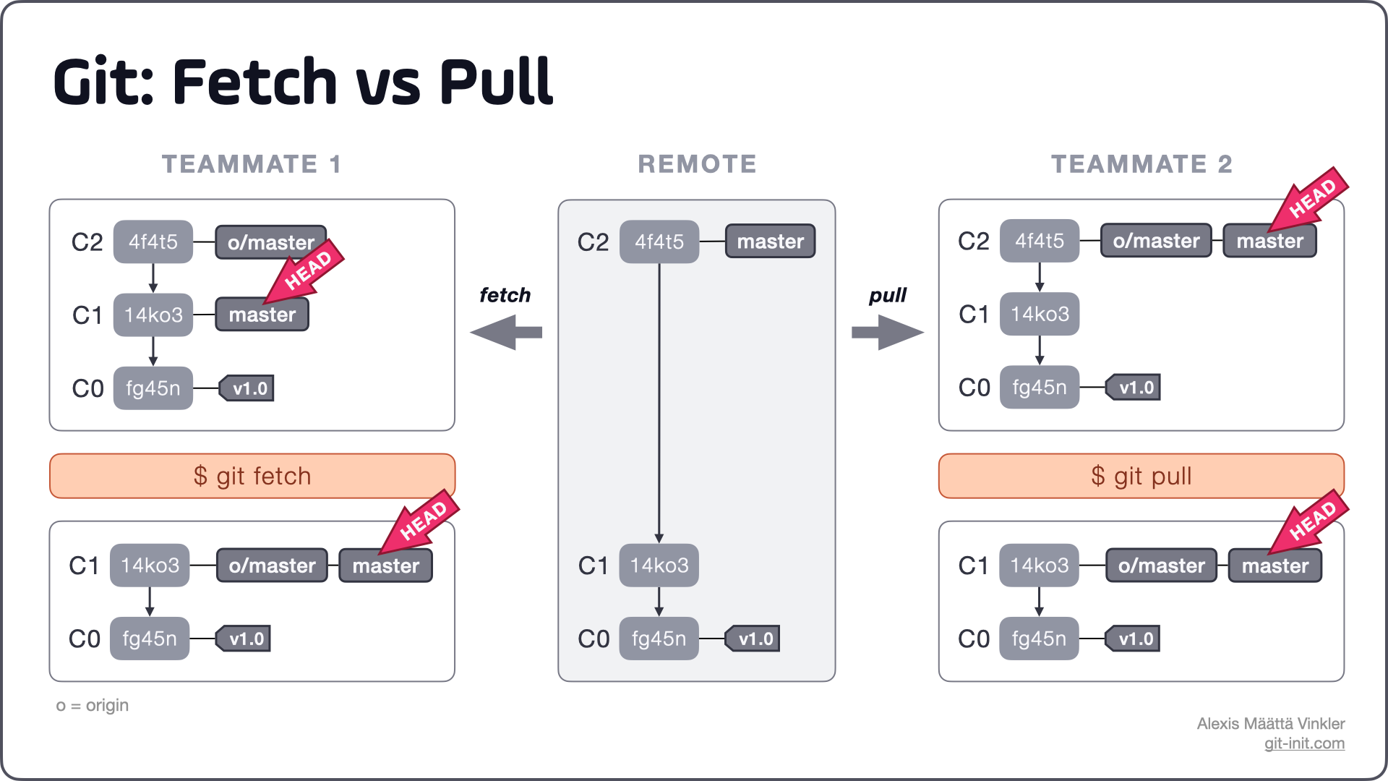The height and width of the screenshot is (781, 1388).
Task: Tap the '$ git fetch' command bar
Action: (252, 476)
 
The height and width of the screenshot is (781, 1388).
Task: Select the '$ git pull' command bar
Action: (1141, 476)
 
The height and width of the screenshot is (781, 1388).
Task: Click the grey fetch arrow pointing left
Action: (506, 333)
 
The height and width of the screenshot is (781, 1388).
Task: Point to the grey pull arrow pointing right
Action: (888, 333)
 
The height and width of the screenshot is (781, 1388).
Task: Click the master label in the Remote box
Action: (770, 242)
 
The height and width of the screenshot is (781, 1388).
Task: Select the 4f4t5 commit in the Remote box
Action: (659, 242)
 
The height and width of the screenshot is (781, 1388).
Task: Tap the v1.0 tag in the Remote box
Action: (754, 639)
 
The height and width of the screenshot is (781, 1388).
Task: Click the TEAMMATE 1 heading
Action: (252, 164)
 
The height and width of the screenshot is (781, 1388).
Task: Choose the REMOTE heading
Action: (697, 164)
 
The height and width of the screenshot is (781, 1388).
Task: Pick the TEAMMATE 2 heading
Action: (1141, 164)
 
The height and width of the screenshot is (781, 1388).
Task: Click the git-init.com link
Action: (1304, 743)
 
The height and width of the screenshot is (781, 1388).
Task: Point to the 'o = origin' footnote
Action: (93, 705)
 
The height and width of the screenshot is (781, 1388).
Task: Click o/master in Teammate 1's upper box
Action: (270, 242)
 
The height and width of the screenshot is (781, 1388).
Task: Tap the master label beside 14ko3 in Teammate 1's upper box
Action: (262, 315)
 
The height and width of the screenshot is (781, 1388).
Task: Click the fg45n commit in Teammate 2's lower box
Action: (1039, 639)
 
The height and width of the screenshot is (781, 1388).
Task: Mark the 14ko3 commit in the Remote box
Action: (659, 565)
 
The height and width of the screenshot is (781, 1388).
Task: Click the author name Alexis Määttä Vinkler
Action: (1270, 723)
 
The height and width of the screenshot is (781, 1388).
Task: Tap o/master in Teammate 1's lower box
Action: (272, 566)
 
